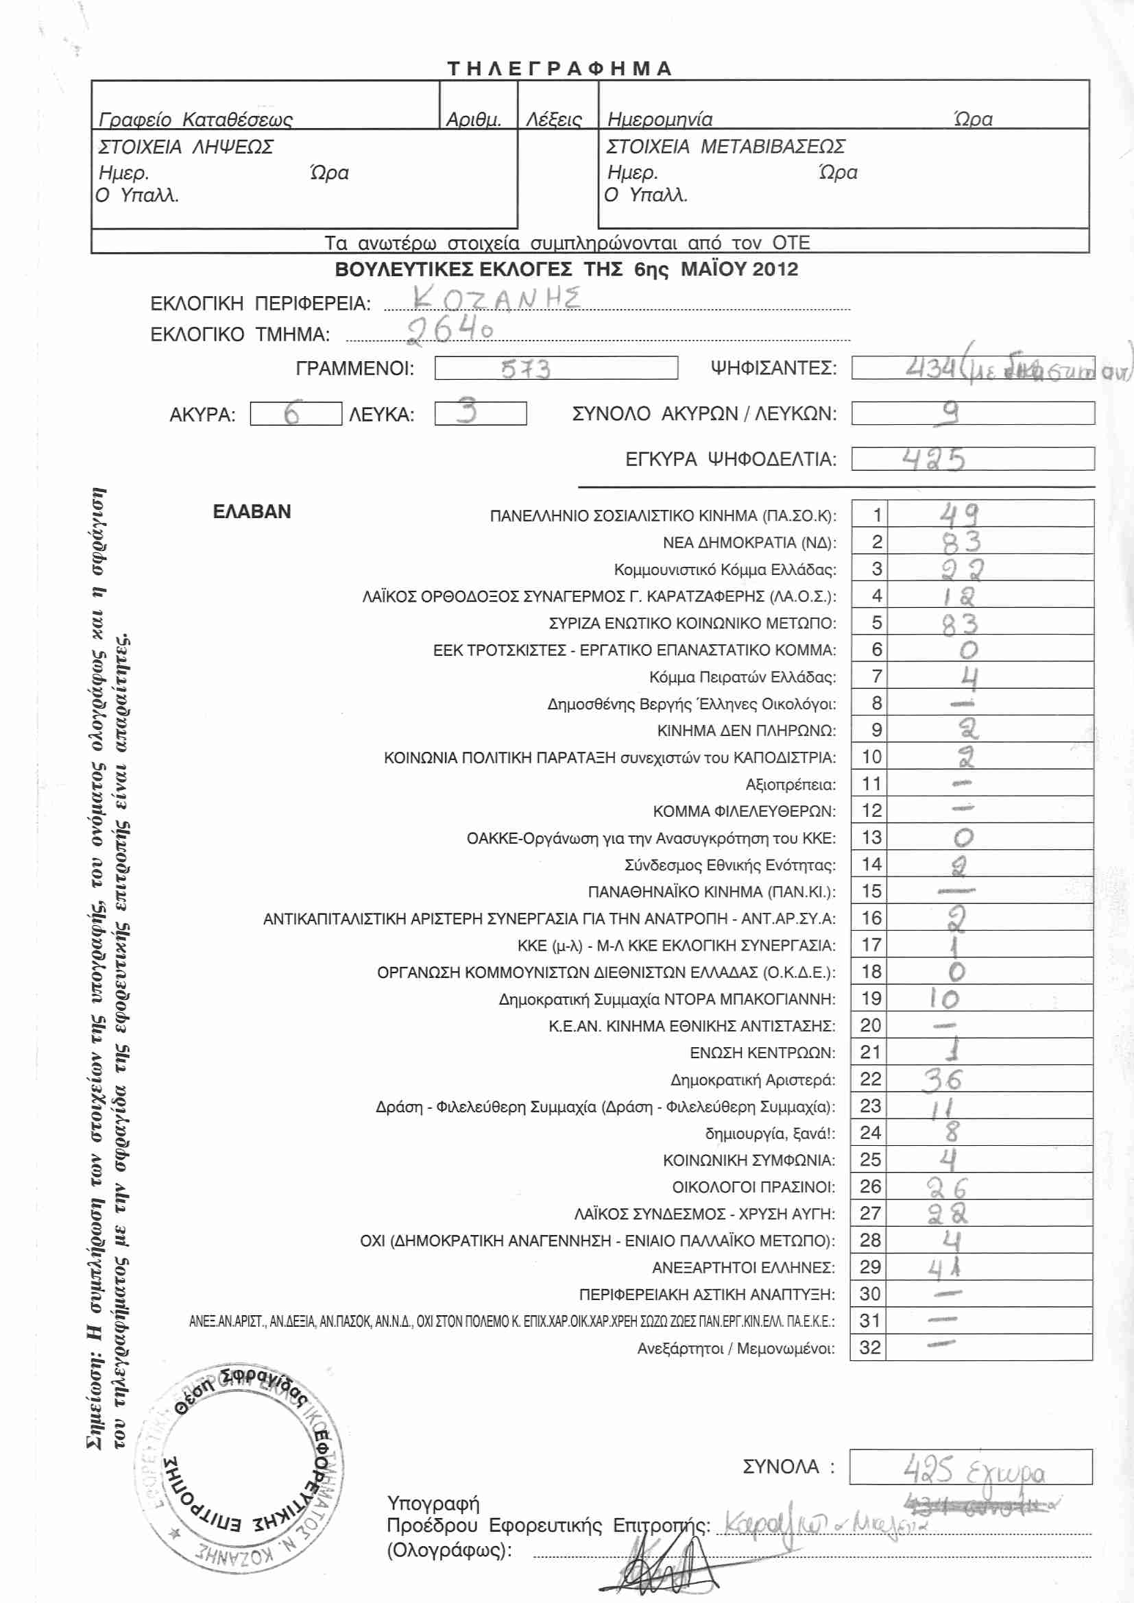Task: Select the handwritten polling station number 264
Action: pyautogui.click(x=450, y=329)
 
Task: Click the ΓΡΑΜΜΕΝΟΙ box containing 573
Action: pyautogui.click(x=556, y=368)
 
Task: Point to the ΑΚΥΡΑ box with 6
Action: pyautogui.click(x=295, y=414)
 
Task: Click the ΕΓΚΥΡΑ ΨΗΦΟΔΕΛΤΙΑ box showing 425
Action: pyautogui.click(x=972, y=458)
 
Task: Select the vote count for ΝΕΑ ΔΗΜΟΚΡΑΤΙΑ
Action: pyautogui.click(x=961, y=542)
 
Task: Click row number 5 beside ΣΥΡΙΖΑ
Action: pyautogui.click(x=876, y=622)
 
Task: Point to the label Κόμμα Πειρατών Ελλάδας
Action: pyautogui.click(x=742, y=677)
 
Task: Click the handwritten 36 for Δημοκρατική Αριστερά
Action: pyautogui.click(x=943, y=1079)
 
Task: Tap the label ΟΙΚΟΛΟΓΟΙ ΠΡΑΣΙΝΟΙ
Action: pyautogui.click(x=753, y=1187)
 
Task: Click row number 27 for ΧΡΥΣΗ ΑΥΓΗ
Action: pyautogui.click(x=870, y=1214)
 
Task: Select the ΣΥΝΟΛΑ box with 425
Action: pyautogui.click(x=971, y=1467)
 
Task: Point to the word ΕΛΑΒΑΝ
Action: pyautogui.click(x=252, y=512)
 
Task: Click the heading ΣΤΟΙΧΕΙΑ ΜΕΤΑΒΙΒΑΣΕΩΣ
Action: pyautogui.click(x=725, y=147)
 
